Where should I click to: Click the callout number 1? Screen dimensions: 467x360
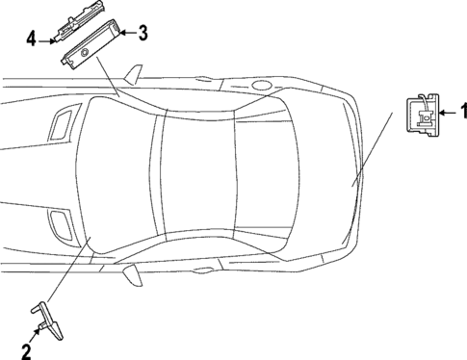[456, 114]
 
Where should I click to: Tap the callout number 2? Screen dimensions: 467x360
[26, 350]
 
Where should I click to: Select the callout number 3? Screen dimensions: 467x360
[143, 34]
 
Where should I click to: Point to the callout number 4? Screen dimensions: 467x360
[31, 39]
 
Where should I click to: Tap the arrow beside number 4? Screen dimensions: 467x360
[44, 40]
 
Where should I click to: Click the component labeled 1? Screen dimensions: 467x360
[423, 113]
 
